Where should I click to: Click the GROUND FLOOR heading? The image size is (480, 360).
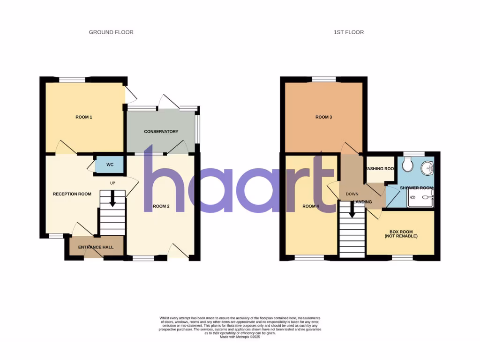(x=111, y=32)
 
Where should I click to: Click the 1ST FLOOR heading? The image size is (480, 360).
(x=348, y=32)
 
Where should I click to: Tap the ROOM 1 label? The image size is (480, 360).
(x=84, y=117)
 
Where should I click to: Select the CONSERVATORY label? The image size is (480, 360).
(x=161, y=132)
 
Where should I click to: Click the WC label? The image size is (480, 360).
(x=110, y=165)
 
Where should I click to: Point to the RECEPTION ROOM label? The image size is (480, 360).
(x=72, y=194)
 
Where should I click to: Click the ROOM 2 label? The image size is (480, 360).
(x=161, y=206)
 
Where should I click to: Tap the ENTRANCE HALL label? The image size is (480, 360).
(x=96, y=247)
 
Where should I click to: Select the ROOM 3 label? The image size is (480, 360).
(x=324, y=117)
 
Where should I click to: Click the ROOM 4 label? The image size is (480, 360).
(x=310, y=206)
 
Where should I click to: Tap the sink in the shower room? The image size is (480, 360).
(x=427, y=167)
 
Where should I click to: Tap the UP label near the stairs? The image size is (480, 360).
(x=112, y=183)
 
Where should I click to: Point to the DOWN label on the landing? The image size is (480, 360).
(x=352, y=194)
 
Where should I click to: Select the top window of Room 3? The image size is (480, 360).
(x=323, y=79)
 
